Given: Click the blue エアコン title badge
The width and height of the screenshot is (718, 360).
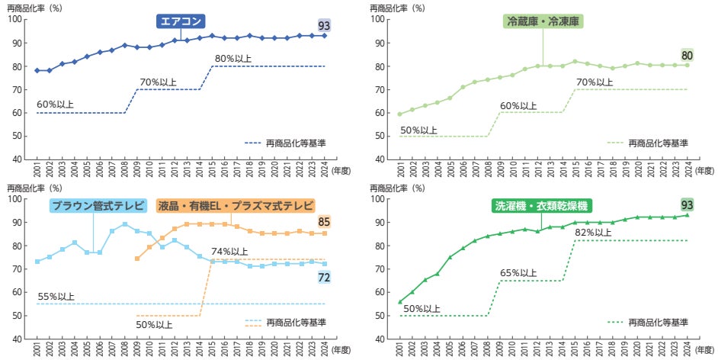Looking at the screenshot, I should point(182,21).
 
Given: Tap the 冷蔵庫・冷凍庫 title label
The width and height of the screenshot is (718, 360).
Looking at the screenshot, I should point(543,21).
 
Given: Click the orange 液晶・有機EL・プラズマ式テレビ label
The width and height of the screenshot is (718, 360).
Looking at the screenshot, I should point(235,206).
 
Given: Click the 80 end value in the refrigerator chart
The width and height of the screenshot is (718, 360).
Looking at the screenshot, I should point(686,54).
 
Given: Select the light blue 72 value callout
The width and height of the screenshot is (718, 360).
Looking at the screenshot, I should point(324,278).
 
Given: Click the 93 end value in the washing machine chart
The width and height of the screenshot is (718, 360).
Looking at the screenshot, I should point(686,204).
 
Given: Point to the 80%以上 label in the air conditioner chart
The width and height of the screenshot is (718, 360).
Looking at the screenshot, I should point(233,58).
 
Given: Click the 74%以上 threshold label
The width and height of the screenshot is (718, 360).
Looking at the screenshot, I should point(229,252).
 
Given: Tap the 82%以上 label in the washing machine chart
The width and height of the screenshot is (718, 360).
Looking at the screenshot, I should point(592,233).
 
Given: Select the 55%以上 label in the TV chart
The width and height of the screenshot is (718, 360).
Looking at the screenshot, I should point(56,296).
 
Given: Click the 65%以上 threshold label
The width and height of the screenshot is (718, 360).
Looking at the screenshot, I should point(519,272).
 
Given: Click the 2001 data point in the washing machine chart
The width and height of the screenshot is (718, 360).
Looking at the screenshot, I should point(400,302).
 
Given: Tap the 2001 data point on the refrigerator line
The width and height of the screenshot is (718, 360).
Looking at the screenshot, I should point(400,114).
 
